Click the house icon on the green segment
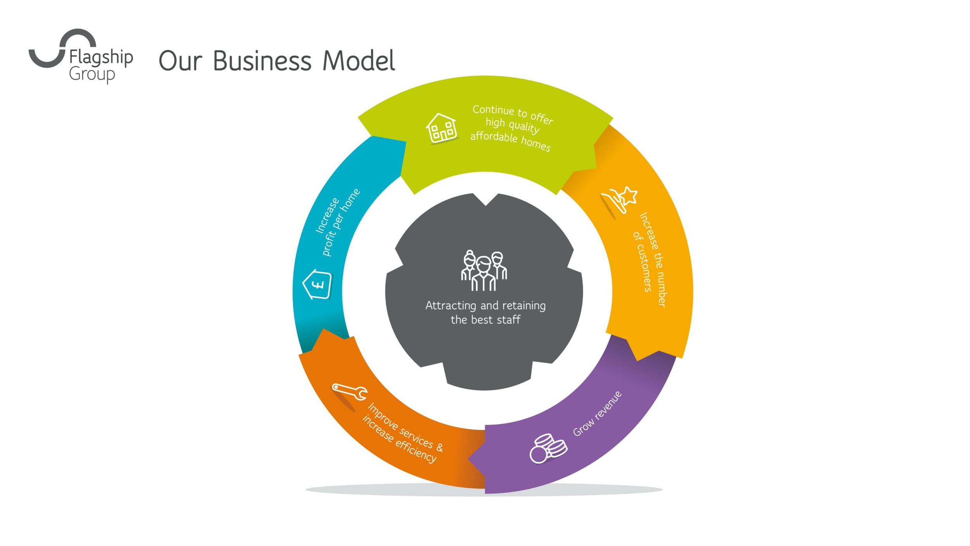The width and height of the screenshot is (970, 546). pos(442,128)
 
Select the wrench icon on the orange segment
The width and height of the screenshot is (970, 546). pos(350,392)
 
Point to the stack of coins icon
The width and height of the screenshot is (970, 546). pos(548,448)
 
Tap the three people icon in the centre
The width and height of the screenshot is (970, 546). pos(484,271)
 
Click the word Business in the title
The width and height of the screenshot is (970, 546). pos(262,61)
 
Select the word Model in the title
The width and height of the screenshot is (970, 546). pos(359,61)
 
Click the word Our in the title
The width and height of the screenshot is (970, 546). pos(180,62)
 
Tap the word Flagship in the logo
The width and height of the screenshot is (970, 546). pos(101,57)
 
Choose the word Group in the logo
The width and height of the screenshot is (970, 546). pos(92,74)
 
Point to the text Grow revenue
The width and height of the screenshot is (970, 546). pos(597,414)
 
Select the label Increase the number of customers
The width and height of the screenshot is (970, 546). pos(650,259)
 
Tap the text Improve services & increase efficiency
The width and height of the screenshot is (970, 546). pos(403,433)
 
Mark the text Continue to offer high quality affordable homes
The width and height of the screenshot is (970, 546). pos(512,128)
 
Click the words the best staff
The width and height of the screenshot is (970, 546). pos(485,320)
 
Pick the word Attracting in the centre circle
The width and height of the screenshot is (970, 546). pos(450,306)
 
